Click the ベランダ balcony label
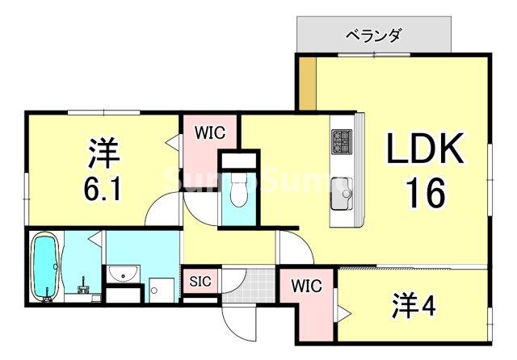point(373,36)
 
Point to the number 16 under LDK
point(425,193)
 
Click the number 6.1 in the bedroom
point(103,187)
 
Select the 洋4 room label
point(414,306)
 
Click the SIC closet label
point(200,282)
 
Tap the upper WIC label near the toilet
point(210,131)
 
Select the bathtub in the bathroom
point(44,266)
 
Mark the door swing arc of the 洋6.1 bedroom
point(164,212)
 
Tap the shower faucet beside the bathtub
point(83,285)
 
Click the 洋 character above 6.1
point(103,152)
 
